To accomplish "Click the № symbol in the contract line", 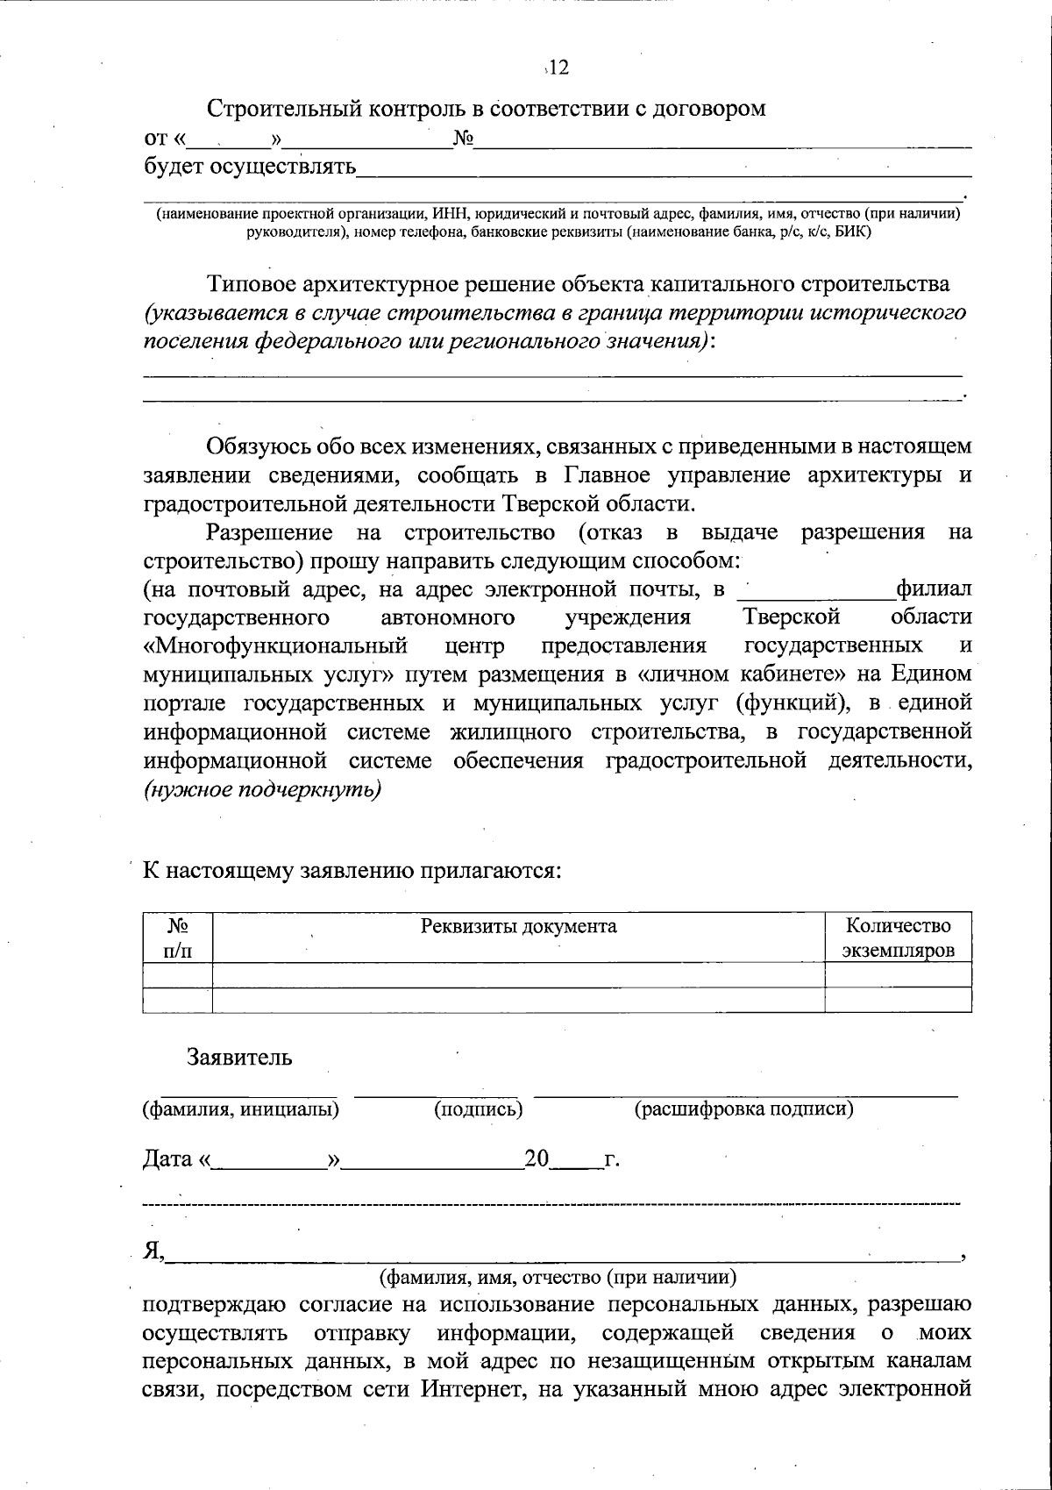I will [x=463, y=139].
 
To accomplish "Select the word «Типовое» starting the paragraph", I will [x=251, y=284].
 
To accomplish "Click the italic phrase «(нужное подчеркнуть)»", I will [x=262, y=788].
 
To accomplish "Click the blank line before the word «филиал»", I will [x=816, y=589].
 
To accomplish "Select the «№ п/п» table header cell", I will [x=178, y=937].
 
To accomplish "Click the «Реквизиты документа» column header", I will [x=518, y=926].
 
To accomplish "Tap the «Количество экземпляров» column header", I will [x=897, y=937].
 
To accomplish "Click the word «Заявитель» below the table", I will [x=239, y=1057].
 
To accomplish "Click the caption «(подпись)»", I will [x=479, y=1109].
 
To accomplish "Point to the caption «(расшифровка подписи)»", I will [x=743, y=1109].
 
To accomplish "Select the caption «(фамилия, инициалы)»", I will [x=241, y=1109].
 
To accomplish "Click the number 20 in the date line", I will [x=537, y=1159].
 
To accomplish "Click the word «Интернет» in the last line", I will [x=465, y=1389].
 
